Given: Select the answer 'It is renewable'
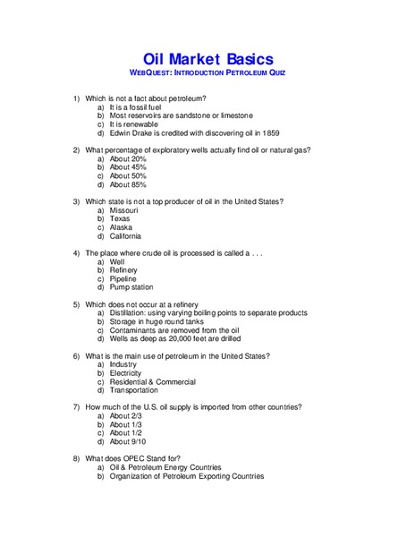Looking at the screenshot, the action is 134,124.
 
